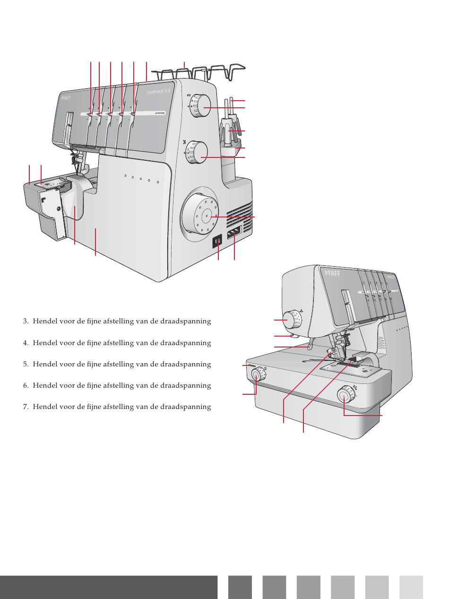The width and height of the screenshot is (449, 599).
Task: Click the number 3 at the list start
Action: coord(25,321)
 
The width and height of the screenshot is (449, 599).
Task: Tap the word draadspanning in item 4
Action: coord(189,343)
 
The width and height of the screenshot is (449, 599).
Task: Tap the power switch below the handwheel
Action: coord(218,242)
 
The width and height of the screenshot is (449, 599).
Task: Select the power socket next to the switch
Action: coord(233,232)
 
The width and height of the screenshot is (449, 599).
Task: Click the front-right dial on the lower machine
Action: coord(345,394)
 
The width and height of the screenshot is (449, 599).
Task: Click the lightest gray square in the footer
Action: coord(411,587)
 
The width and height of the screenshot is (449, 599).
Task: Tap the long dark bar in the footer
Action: coord(109,587)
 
